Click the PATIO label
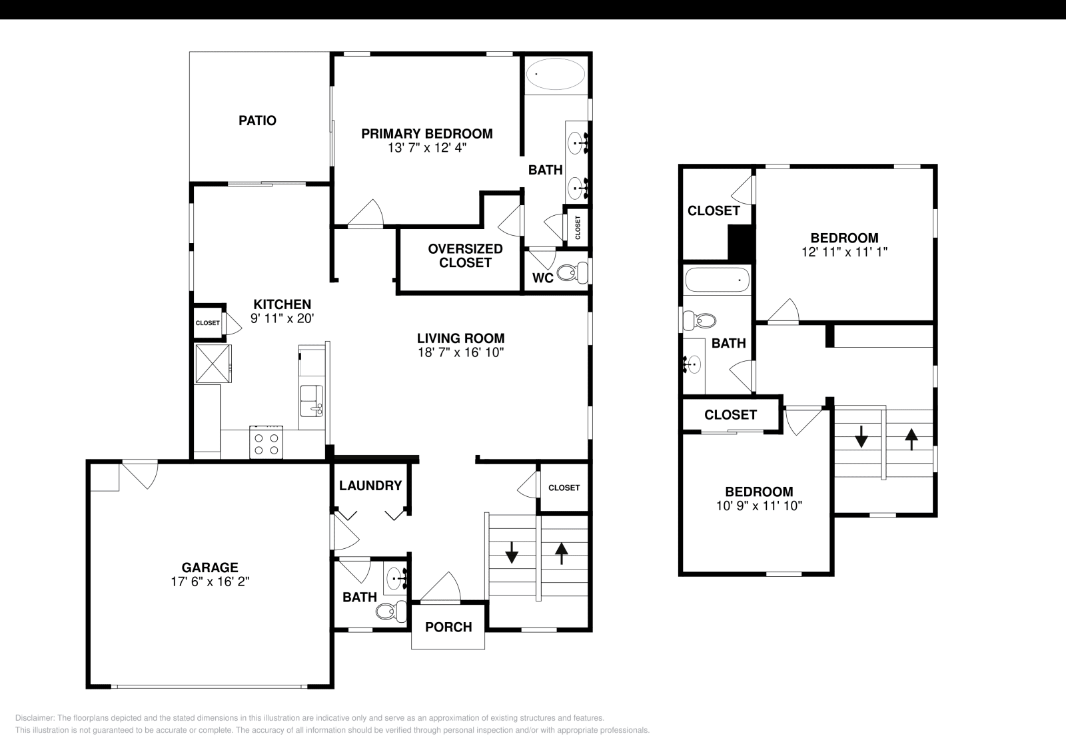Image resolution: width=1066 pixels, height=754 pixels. click(x=257, y=121)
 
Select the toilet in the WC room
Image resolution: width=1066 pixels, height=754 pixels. click(x=570, y=272)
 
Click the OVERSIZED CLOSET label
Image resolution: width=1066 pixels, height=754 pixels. click(x=465, y=256)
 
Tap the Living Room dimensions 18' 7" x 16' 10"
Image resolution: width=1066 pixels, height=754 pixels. click(x=460, y=352)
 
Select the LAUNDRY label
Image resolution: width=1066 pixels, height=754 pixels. click(x=370, y=486)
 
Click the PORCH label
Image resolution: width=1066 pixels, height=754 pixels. click(x=448, y=627)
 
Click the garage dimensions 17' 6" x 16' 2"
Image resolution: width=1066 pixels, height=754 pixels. click(x=210, y=581)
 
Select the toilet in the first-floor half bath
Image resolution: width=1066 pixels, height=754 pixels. click(x=390, y=610)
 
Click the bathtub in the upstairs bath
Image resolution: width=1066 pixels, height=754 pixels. click(x=717, y=280)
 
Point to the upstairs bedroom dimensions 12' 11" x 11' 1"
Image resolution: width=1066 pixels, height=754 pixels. click(x=844, y=252)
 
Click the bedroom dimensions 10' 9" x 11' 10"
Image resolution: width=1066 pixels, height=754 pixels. click(x=759, y=506)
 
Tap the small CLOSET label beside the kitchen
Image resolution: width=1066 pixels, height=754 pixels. click(x=207, y=323)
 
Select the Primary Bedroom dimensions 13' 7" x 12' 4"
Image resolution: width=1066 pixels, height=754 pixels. click(x=426, y=148)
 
